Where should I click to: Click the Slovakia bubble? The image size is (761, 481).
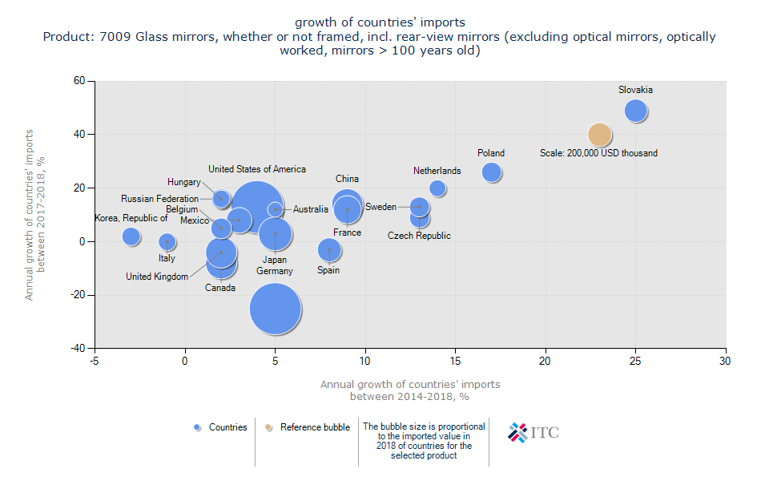636,111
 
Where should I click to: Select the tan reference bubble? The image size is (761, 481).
600,135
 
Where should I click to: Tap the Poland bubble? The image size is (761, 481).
492,172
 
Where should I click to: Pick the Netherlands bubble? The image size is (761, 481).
437,188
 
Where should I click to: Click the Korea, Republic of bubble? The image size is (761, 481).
131,236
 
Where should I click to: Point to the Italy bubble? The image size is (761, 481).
167,241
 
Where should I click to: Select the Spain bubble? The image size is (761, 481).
329,250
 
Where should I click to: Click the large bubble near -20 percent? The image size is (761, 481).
276,309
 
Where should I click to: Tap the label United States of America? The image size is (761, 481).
257,169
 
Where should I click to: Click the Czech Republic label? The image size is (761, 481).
419,236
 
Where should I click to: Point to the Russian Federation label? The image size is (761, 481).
159,199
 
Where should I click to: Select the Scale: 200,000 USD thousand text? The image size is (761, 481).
598,153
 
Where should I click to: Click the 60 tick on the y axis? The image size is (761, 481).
79,81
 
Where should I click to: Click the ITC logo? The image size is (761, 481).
534,432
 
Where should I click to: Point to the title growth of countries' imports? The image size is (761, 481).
380,22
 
